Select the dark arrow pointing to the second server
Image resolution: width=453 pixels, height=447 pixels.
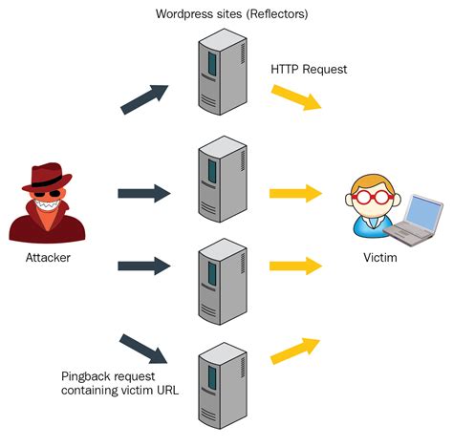click(143, 194)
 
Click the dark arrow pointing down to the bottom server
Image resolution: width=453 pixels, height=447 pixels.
click(143, 348)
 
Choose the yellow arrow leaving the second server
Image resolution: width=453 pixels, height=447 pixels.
click(295, 194)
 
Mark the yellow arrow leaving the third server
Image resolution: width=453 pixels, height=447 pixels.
click(295, 265)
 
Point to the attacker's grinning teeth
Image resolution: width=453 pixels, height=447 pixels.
click(45, 203)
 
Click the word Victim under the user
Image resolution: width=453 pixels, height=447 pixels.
click(381, 258)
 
